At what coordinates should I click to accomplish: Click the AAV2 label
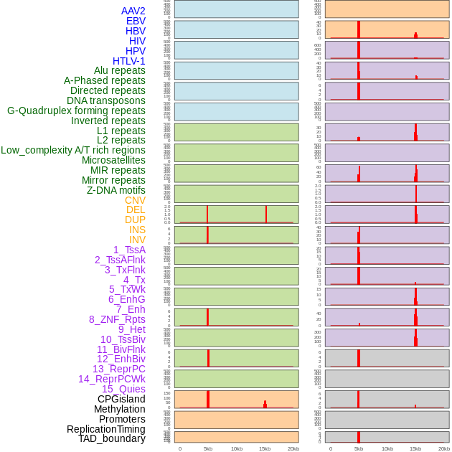point(133,11)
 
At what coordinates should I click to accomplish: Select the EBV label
point(136,21)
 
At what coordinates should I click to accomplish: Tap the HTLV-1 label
point(128,61)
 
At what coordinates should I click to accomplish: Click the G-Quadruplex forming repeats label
point(76,110)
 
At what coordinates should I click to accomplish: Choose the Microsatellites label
point(113,160)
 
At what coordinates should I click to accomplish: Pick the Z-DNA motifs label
point(116,190)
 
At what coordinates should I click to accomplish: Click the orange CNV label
point(135,200)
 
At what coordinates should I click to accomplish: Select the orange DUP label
point(135,220)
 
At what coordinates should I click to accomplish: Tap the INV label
point(137,240)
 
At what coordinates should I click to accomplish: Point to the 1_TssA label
point(129,250)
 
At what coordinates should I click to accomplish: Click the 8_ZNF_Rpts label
point(117,319)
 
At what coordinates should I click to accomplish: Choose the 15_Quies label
point(123,389)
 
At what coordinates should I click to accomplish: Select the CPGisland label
point(121,399)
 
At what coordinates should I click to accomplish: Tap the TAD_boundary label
point(112,438)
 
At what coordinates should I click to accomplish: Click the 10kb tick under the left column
point(237,448)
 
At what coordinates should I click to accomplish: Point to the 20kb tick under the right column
point(444,448)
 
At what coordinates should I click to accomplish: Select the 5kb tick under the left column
point(208,448)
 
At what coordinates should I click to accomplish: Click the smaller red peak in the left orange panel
point(265,405)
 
